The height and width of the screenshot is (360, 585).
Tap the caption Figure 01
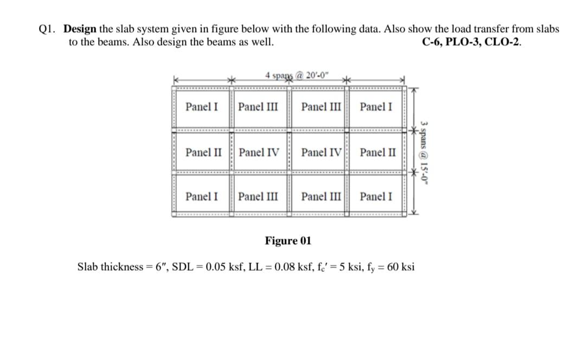[x=288, y=241]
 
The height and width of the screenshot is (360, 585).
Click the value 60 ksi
[x=401, y=267]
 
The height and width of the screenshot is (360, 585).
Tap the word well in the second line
[x=262, y=43]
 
